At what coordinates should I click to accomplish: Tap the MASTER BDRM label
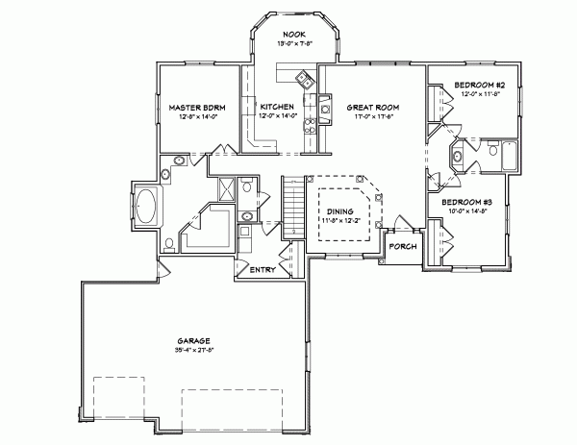click(x=197, y=107)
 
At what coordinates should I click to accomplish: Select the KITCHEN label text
click(x=277, y=107)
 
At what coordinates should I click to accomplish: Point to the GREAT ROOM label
click(x=370, y=107)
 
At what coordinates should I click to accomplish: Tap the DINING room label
click(x=339, y=210)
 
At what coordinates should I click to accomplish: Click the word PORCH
click(x=402, y=246)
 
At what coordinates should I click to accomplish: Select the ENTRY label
click(x=263, y=270)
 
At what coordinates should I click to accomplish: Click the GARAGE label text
click(x=193, y=341)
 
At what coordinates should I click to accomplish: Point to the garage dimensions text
click(x=193, y=351)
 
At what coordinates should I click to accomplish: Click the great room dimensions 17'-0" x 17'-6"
click(x=370, y=116)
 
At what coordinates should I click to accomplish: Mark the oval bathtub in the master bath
click(x=146, y=206)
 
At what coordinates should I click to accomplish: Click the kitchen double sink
click(x=305, y=80)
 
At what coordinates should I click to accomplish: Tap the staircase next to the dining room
click(x=292, y=208)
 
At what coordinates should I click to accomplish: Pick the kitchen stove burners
click(x=310, y=125)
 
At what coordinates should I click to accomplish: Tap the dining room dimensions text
click(x=339, y=220)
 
